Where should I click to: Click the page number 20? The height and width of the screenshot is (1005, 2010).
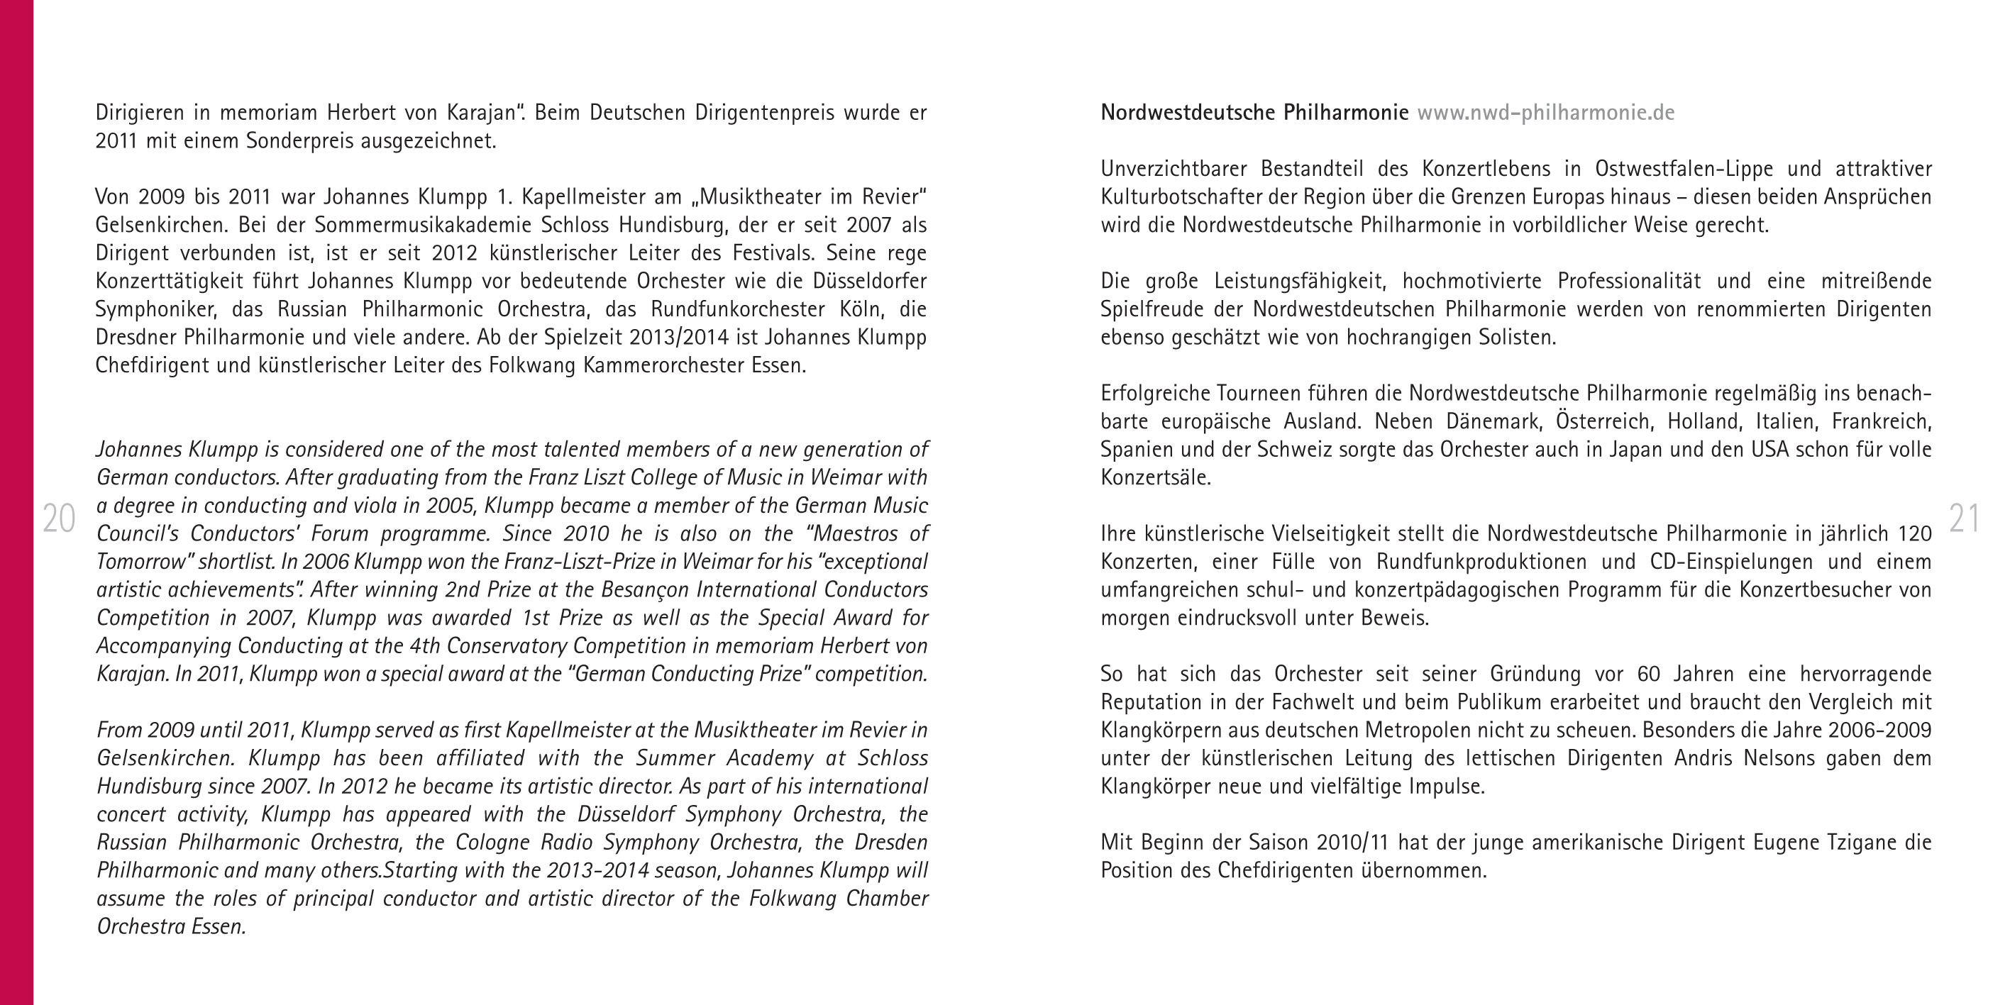click(x=58, y=519)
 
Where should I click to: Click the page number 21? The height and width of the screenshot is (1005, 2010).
click(x=1963, y=519)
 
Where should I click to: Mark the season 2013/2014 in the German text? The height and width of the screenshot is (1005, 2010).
click(x=679, y=338)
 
